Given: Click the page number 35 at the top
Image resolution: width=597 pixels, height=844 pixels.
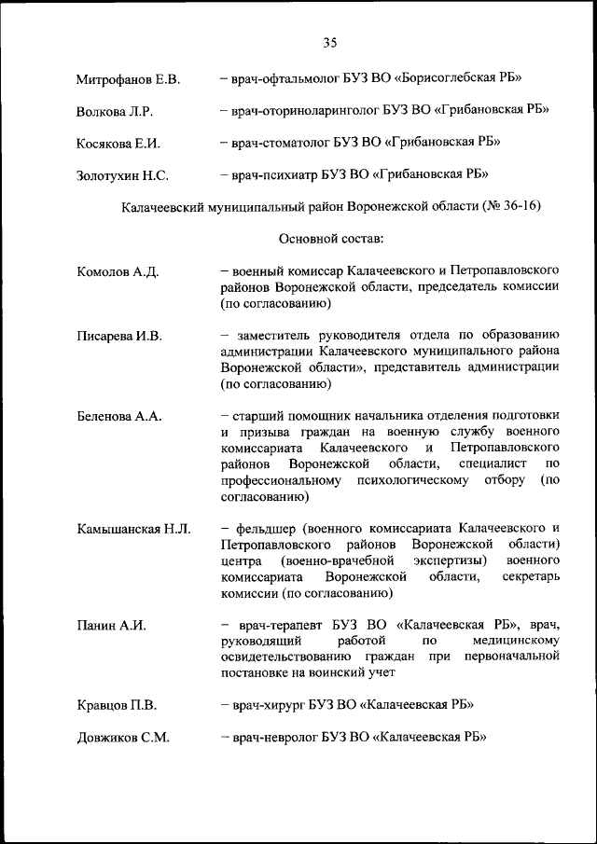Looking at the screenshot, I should (330, 42).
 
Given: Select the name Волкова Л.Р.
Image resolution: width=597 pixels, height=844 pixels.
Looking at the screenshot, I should (115, 111).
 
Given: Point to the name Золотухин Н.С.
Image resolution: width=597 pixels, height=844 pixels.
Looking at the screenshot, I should (122, 174).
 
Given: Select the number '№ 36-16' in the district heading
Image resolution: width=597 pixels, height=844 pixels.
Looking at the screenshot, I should (511, 205).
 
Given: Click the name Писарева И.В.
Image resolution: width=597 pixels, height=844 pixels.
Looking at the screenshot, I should (119, 337).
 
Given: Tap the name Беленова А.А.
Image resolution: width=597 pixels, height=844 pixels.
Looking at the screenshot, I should (119, 417).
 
